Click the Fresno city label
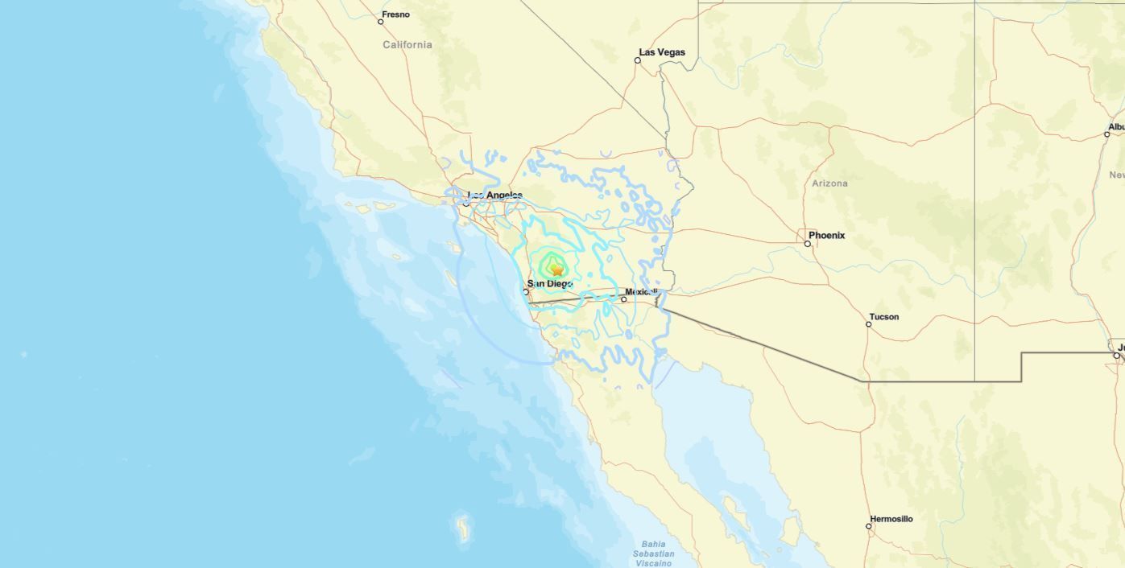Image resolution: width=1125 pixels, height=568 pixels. pyautogui.click(x=395, y=14)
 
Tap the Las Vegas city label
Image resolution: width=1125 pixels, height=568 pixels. pyautogui.click(x=662, y=52)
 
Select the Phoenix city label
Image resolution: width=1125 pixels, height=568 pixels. pyautogui.click(x=826, y=236)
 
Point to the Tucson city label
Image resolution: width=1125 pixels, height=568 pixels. pyautogui.click(x=883, y=317)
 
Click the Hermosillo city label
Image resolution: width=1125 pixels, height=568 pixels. pyautogui.click(x=891, y=519)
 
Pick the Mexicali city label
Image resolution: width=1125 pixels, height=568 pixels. pyautogui.click(x=642, y=292)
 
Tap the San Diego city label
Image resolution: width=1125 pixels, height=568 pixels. pyautogui.click(x=549, y=284)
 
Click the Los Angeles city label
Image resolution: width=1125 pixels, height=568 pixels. pyautogui.click(x=494, y=196)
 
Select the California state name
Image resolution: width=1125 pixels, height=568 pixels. pyautogui.click(x=407, y=45)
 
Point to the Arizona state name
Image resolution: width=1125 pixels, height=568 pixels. pyautogui.click(x=829, y=183)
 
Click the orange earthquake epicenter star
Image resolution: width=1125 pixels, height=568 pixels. pyautogui.click(x=556, y=270)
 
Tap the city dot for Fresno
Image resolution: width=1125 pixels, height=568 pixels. pyautogui.click(x=381, y=22)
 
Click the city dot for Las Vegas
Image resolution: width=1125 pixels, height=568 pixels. pyautogui.click(x=638, y=60)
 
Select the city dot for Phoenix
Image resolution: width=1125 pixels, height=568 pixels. pyautogui.click(x=808, y=243)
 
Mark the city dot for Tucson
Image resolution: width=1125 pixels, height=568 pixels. pyautogui.click(x=869, y=324)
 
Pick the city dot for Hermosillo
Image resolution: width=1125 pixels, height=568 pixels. pyautogui.click(x=869, y=526)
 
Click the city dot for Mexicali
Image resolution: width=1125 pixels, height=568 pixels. pyautogui.click(x=623, y=299)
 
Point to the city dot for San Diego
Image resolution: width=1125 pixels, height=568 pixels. pyautogui.click(x=526, y=291)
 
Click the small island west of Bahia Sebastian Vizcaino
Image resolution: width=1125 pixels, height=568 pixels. pyautogui.click(x=462, y=528)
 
